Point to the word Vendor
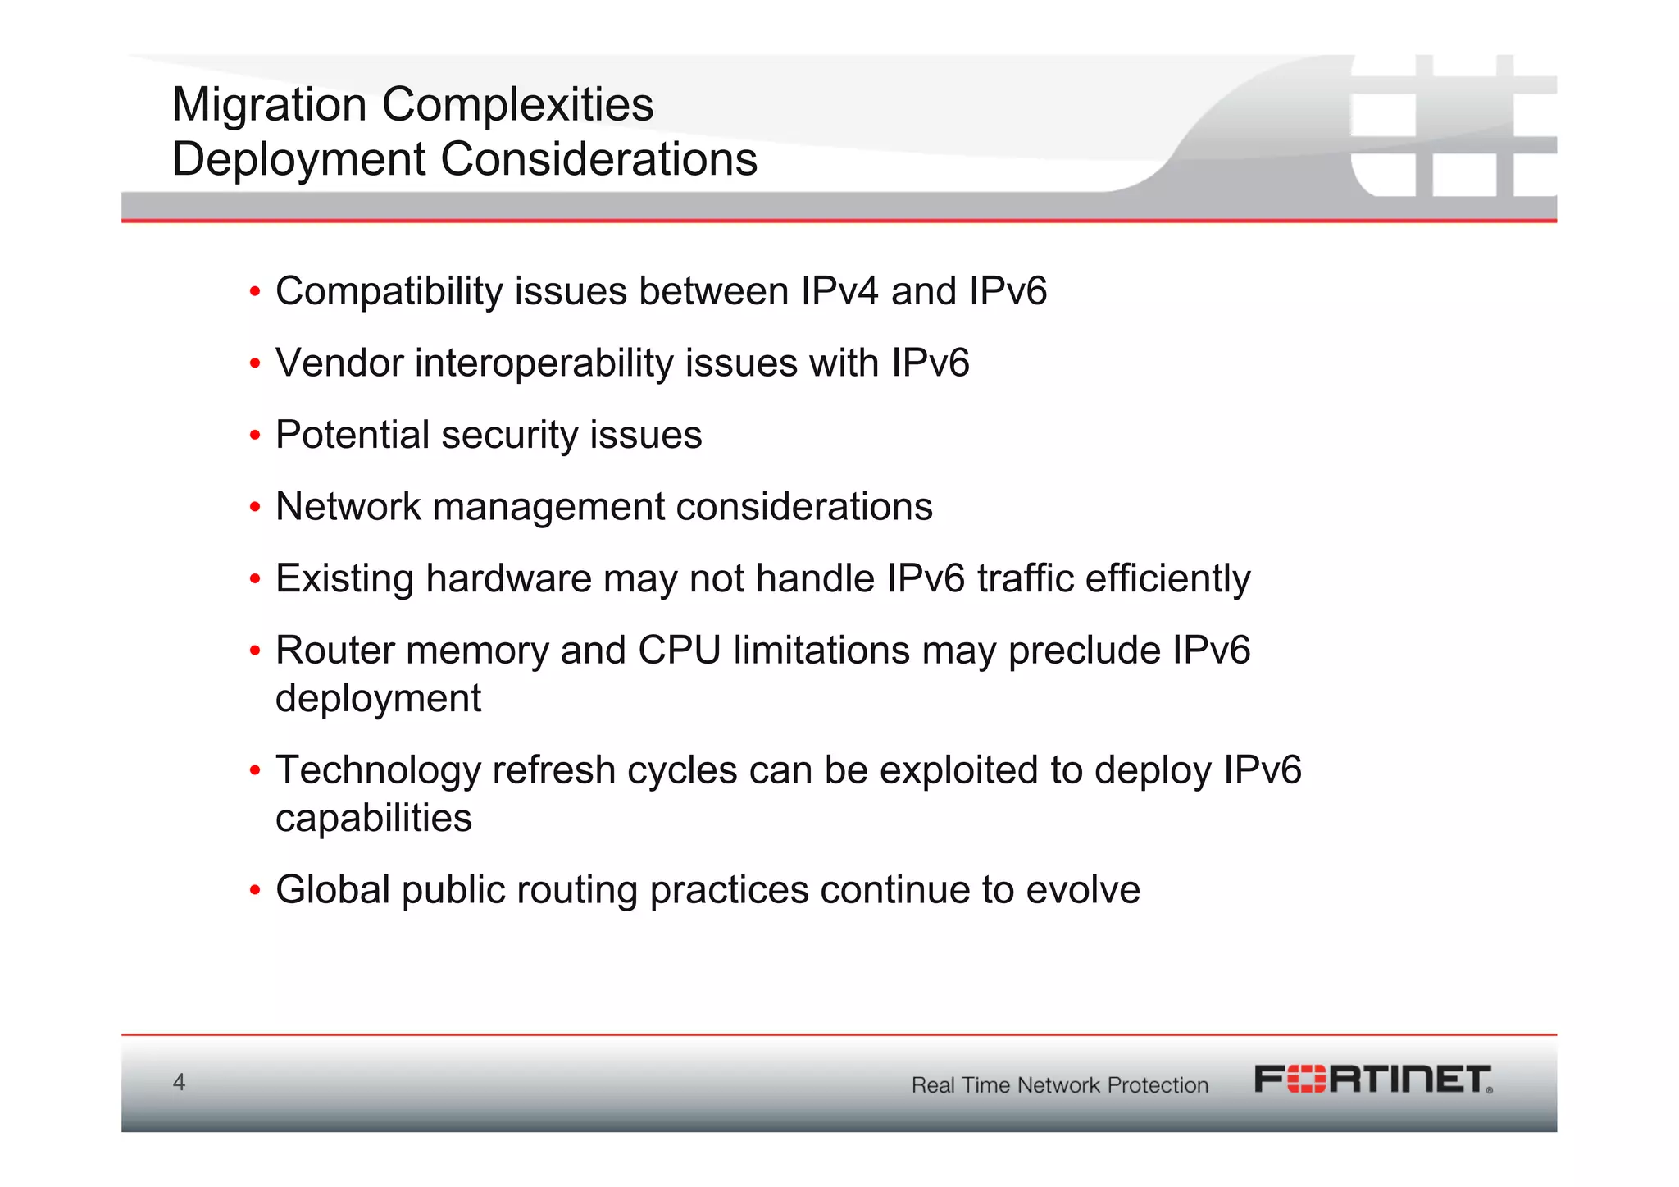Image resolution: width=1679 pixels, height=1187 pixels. [339, 363]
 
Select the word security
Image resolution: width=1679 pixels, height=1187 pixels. [509, 436]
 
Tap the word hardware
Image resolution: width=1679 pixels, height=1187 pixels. [508, 579]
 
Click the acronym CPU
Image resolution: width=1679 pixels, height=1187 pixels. [679, 651]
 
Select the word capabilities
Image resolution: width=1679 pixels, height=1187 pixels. [374, 819]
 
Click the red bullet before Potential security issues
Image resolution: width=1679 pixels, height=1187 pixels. [255, 436]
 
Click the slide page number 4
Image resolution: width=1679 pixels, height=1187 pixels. [179, 1082]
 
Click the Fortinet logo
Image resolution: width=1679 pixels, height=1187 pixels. [1373, 1080]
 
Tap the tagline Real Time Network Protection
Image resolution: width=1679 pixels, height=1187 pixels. [1060, 1085]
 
